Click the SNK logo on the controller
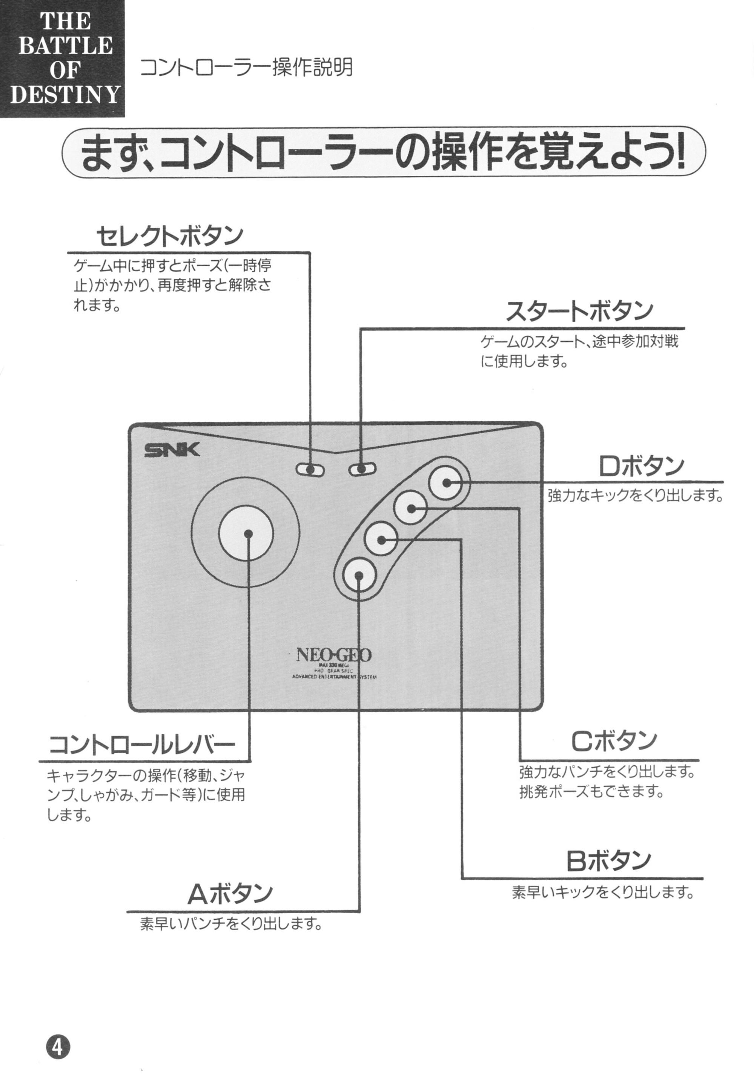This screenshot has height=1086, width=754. tap(172, 450)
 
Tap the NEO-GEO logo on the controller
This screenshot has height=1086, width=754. tap(333, 655)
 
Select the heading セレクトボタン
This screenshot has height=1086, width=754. tap(170, 236)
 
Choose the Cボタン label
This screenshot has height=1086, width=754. tap(614, 741)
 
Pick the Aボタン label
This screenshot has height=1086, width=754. tap(230, 893)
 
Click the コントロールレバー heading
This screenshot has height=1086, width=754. tap(142, 745)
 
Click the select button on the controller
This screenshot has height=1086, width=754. tap(310, 470)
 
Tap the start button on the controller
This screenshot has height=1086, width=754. tap(362, 469)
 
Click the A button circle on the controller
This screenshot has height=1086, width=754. tap(359, 575)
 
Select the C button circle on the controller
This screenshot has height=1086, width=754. tap(411, 508)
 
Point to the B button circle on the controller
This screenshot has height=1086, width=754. tap(381, 539)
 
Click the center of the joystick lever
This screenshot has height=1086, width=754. tap(249, 533)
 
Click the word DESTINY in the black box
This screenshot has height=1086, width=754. tap(65, 94)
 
